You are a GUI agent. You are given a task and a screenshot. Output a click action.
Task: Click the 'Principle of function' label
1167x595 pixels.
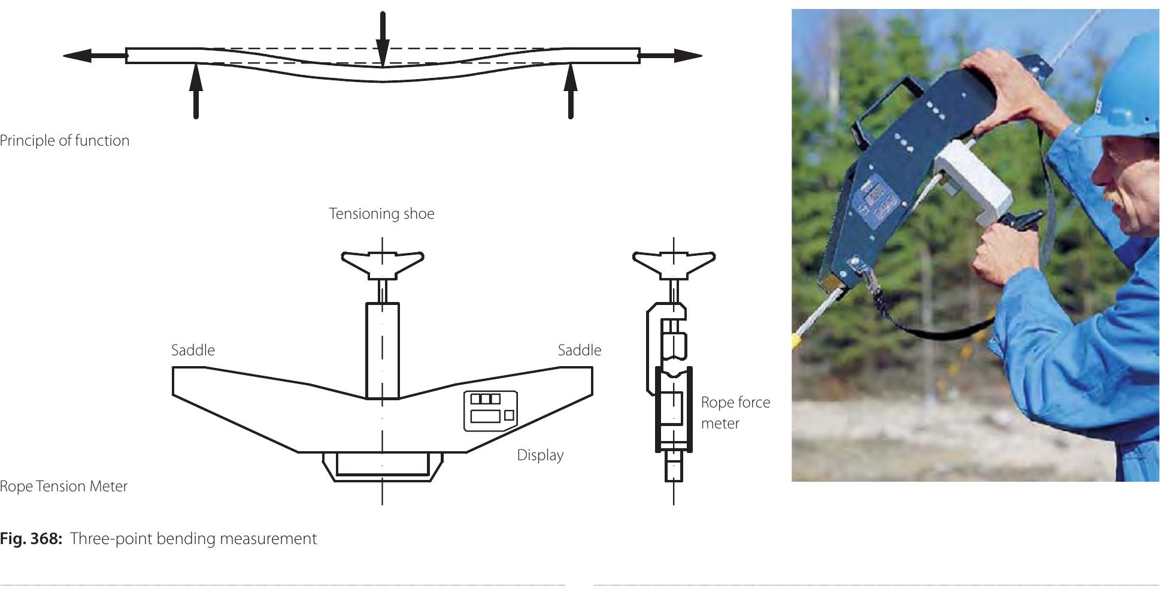pos(65,141)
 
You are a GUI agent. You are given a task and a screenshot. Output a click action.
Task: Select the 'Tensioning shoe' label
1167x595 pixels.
pos(381,214)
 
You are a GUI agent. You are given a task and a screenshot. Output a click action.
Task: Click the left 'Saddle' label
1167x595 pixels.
pos(193,351)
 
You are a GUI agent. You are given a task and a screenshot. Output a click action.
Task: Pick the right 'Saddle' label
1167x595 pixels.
pos(579,351)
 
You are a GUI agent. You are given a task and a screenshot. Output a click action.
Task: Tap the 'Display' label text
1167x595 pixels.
pos(540,455)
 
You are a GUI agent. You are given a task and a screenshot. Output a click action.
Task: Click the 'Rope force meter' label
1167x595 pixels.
pos(735,413)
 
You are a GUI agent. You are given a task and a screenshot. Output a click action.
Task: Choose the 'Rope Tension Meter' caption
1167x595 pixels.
pos(63,486)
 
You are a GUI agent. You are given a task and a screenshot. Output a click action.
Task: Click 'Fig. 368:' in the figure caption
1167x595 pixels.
pos(31,539)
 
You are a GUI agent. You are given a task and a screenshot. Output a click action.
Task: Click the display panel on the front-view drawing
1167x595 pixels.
pos(490,410)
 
